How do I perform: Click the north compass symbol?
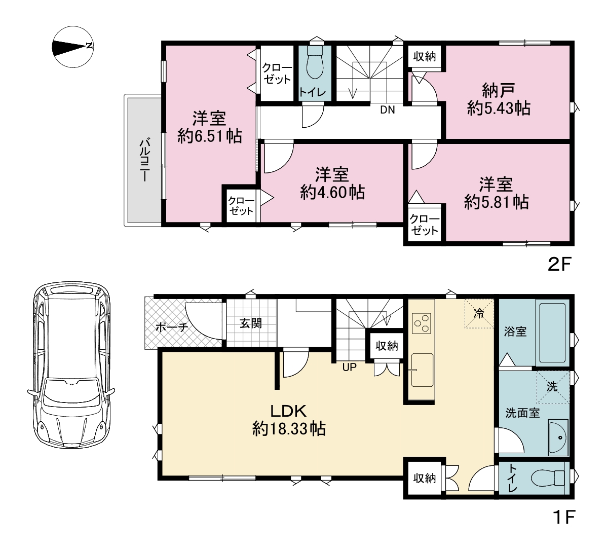(73, 47)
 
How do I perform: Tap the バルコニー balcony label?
(144, 160)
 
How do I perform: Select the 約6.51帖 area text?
(210, 136)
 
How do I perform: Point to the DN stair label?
(388, 110)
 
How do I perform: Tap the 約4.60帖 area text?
(332, 192)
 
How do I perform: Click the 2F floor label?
(559, 265)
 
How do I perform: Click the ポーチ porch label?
(171, 327)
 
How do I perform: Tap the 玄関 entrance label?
(251, 323)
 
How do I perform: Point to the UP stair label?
(350, 367)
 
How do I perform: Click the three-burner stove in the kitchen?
(422, 323)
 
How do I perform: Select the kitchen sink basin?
(422, 370)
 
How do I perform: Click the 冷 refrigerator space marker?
(479, 313)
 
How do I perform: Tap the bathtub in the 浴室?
(552, 333)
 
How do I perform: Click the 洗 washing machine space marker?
(553, 387)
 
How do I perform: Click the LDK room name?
(288, 410)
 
